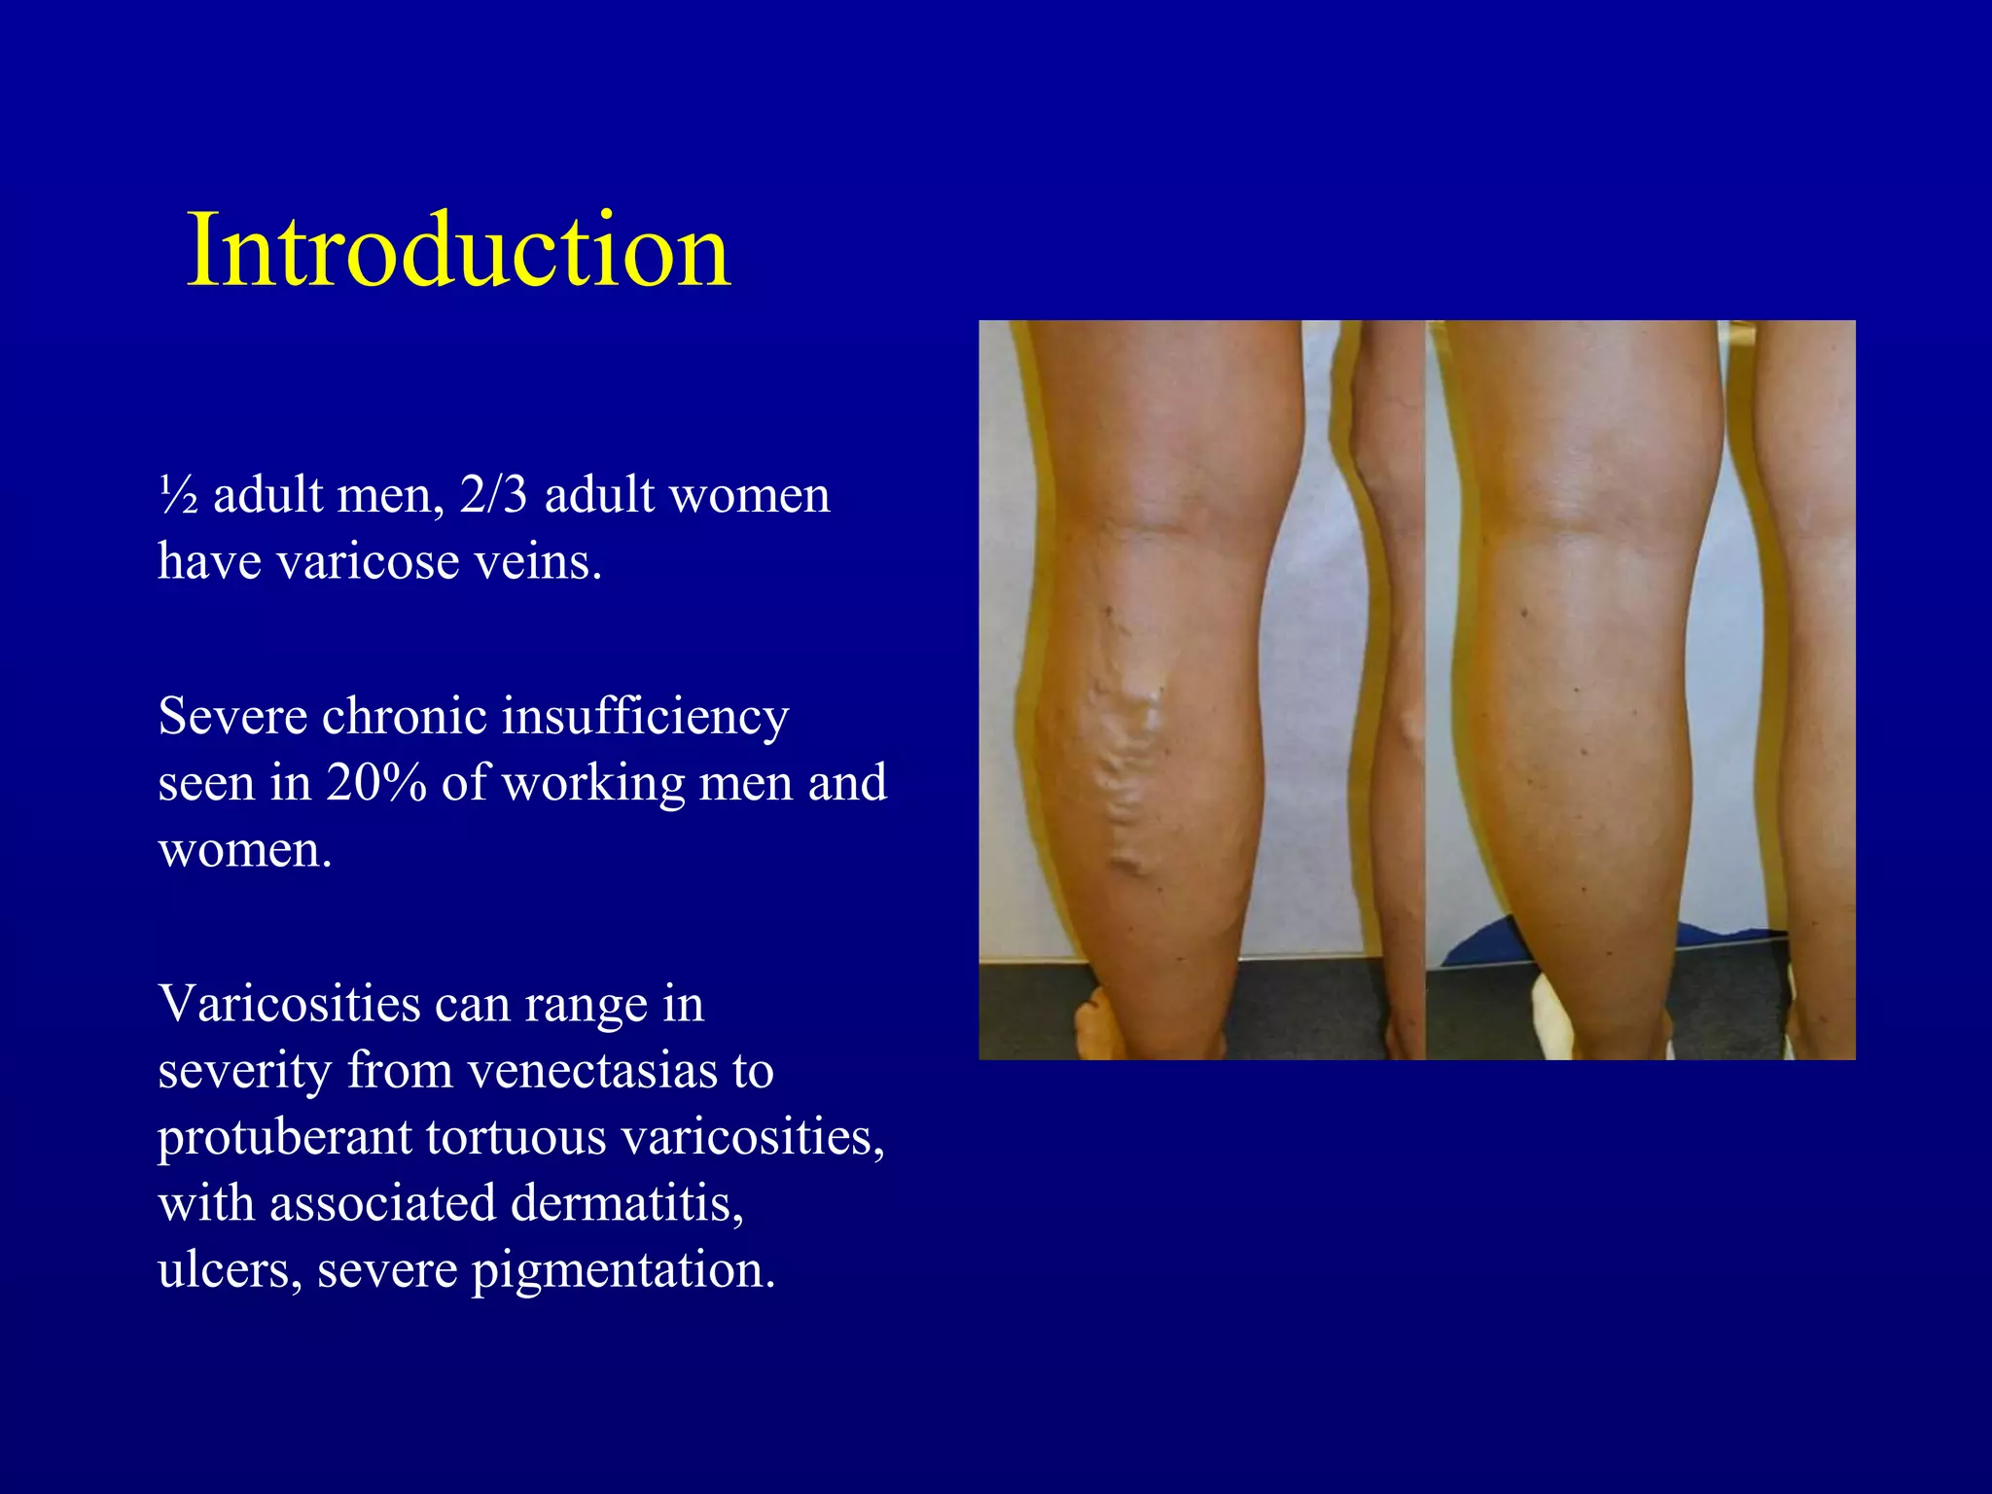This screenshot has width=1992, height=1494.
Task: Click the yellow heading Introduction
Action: click(458, 250)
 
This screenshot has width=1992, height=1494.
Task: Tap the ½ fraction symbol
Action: click(179, 495)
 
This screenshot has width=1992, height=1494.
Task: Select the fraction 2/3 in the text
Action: click(494, 495)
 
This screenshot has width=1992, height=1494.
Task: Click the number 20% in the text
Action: click(375, 782)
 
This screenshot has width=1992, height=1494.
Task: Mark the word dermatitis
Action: click(627, 1203)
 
